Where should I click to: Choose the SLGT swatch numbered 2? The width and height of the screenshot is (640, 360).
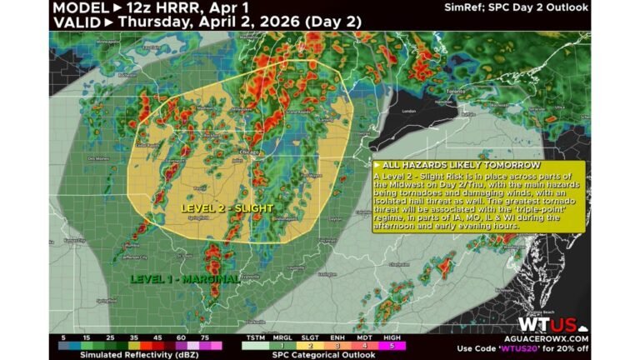click(x=309, y=344)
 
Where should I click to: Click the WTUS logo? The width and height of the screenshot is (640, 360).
click(x=547, y=324)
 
